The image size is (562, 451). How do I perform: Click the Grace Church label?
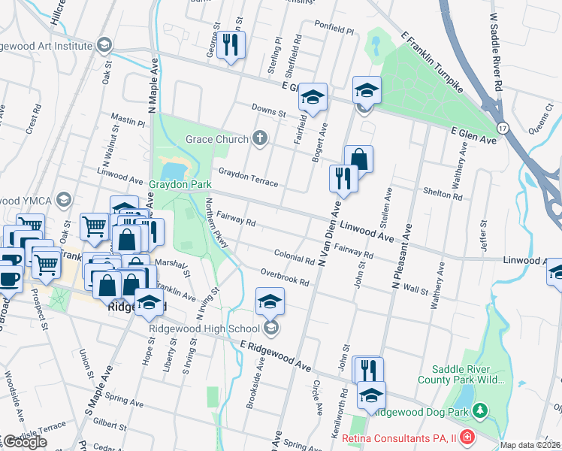(216, 139)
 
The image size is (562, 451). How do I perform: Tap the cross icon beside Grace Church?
(260, 138)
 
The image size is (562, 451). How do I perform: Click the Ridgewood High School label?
(202, 328)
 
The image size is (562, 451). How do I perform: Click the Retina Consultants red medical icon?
(467, 436)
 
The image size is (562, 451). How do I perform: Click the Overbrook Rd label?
(285, 277)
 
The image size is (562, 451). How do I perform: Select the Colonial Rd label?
(294, 257)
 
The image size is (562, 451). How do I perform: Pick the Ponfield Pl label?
(333, 30)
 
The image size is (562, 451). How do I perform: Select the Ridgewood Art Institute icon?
(104, 44)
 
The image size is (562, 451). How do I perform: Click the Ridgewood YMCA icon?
(62, 200)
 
